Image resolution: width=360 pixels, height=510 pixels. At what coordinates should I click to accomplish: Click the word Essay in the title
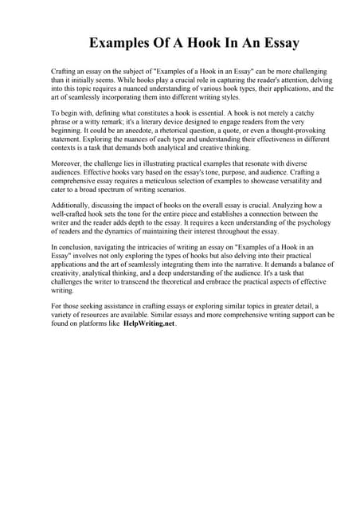coord(276,42)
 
